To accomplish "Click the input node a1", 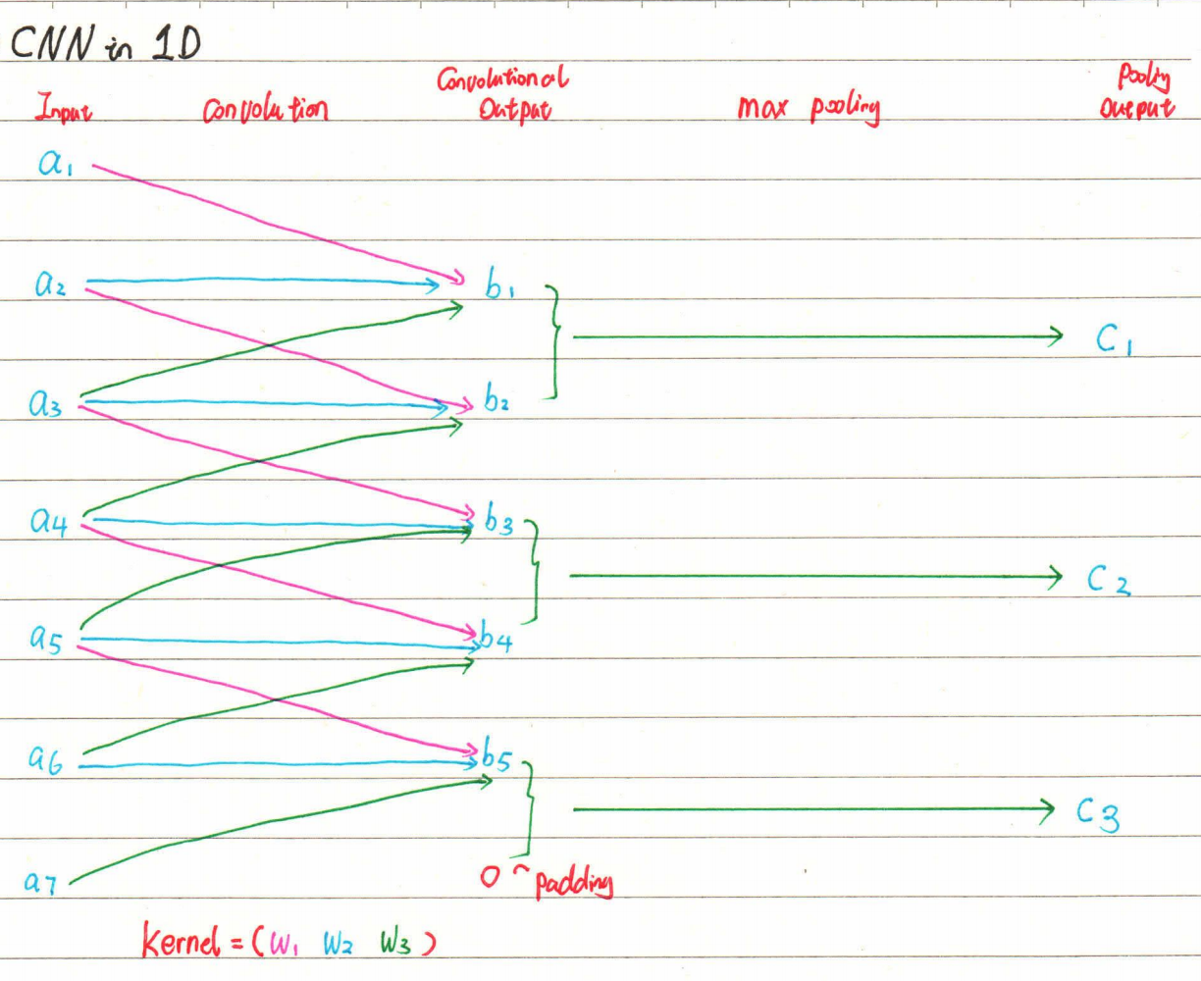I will pos(56,164).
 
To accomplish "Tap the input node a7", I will pos(41,882).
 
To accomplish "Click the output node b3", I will pos(498,521).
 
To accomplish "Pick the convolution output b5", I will pos(496,758).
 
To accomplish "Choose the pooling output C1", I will pos(1115,339).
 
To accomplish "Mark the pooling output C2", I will pos(1109,581).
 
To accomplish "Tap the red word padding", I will pos(574,884).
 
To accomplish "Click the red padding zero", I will pos(491,876).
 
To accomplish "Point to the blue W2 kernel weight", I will pos(339,944).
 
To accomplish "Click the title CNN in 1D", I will pos(105,44).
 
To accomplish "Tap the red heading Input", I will pos(64,108).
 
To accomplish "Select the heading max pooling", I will pos(809,108).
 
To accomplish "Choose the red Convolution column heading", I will pos(265,110).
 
